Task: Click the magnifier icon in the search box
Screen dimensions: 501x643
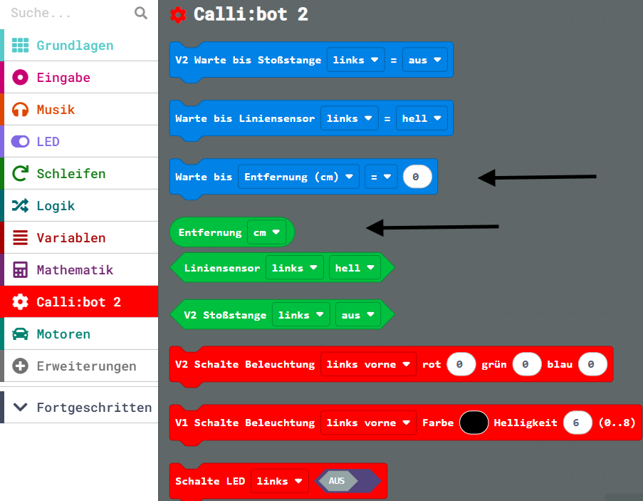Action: pos(141,13)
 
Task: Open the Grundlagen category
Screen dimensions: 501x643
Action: pos(75,46)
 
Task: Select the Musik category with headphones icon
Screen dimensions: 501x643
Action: pos(56,110)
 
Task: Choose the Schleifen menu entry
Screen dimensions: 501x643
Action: pos(70,174)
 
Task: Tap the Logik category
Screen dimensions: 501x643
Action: pos(56,206)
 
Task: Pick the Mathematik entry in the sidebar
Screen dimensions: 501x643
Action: pos(75,270)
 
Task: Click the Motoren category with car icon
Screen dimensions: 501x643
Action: pos(63,334)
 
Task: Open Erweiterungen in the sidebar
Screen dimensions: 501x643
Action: pos(86,366)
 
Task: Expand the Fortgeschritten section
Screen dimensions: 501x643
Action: pos(94,408)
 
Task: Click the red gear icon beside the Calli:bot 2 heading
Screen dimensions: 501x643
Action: pos(179,15)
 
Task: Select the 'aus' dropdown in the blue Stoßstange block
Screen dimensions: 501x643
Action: pos(424,61)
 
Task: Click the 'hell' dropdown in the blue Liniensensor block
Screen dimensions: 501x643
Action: pos(422,119)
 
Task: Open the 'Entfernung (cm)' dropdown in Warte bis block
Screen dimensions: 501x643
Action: pos(298,177)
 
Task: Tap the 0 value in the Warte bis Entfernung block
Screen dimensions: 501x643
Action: pos(417,177)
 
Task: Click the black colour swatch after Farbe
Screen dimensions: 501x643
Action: pos(474,423)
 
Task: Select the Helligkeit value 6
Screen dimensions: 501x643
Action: pos(577,423)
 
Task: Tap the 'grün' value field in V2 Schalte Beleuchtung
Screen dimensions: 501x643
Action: pos(527,364)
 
